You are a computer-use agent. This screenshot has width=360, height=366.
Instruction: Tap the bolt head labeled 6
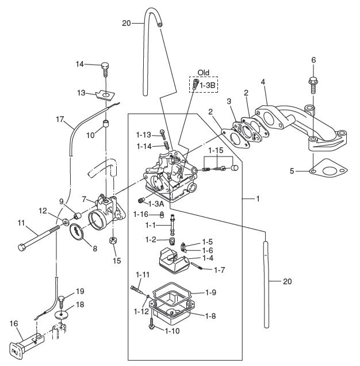313,80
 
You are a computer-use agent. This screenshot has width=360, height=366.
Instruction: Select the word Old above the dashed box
204,73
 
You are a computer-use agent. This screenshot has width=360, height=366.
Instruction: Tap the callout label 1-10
173,331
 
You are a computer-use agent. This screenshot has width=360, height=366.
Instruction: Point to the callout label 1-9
211,292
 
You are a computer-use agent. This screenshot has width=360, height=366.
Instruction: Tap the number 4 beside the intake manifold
263,82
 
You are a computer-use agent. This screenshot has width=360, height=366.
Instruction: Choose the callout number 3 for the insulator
229,101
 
